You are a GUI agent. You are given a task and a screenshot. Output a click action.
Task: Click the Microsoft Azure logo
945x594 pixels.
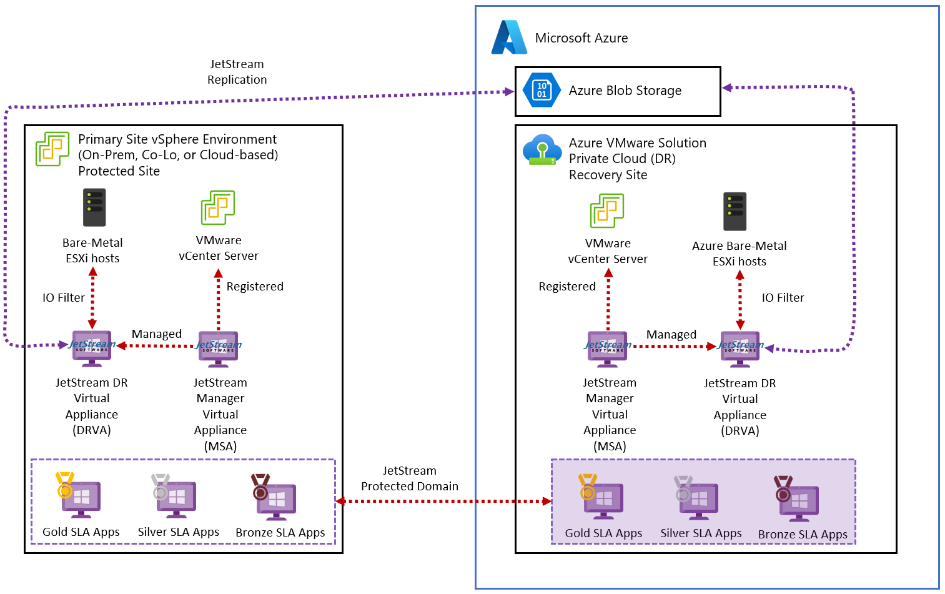tap(509, 37)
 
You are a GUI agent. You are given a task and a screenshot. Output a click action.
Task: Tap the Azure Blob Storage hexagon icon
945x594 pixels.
tap(541, 91)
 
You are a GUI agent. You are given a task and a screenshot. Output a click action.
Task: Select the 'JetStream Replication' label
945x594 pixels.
tap(237, 72)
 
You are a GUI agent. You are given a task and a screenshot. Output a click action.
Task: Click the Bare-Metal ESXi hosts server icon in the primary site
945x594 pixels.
tap(94, 207)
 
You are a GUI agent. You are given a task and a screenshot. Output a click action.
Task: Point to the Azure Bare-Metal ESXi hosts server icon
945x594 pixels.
tap(735, 212)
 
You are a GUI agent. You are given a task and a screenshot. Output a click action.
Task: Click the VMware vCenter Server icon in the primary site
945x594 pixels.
tap(218, 208)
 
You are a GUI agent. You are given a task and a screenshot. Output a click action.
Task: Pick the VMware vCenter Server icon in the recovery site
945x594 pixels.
tap(607, 210)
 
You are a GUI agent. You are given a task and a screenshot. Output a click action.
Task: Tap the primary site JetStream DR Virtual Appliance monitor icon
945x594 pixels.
tap(92, 347)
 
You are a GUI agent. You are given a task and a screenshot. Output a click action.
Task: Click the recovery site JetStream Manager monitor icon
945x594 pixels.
tap(607, 348)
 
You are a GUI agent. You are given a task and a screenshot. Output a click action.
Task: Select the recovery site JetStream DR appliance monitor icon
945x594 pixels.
tap(740, 348)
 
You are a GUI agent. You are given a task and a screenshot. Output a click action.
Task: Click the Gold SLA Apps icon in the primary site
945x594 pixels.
tap(79, 496)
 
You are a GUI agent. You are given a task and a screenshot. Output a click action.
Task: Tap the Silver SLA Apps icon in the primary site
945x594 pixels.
tap(174, 496)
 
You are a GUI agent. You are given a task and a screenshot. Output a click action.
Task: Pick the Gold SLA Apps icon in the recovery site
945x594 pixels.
tap(601, 498)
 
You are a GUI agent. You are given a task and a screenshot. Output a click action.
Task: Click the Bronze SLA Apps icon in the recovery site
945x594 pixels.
tap(797, 499)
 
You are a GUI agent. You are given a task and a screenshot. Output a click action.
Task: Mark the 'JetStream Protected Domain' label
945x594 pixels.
tap(410, 478)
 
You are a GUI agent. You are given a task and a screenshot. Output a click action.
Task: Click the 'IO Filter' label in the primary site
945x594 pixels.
tap(64, 298)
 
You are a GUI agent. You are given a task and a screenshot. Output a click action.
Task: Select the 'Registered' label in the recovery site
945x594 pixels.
tap(567, 287)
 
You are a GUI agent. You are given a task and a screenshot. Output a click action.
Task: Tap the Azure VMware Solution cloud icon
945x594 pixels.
tap(542, 150)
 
